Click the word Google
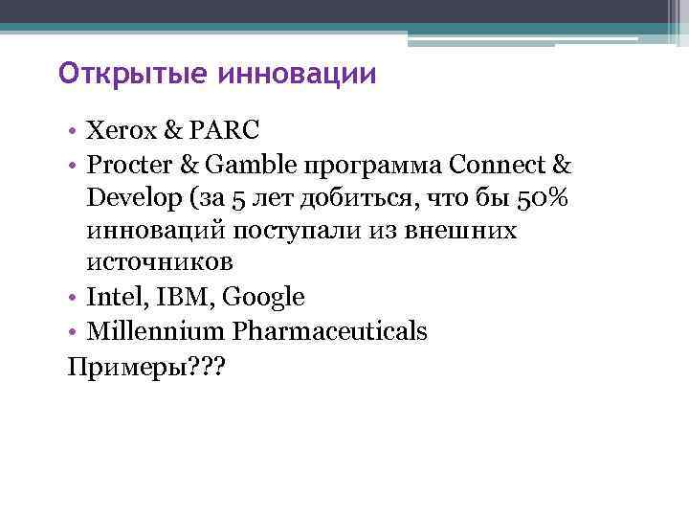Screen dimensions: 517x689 tap(263, 298)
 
